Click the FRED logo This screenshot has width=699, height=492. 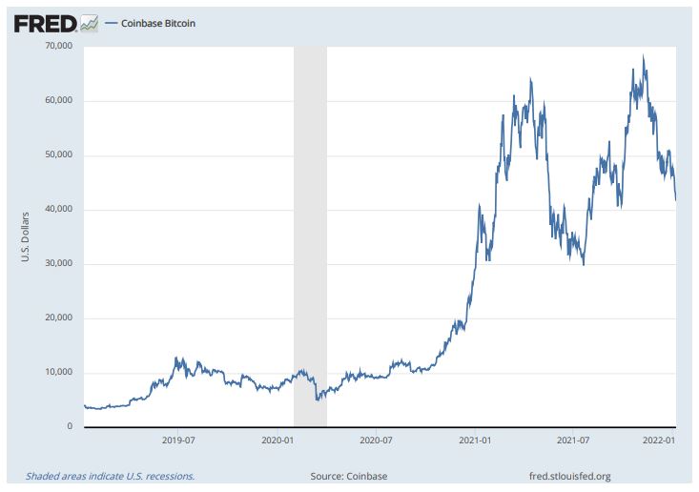(x=55, y=22)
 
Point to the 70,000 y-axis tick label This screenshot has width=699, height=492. (x=58, y=46)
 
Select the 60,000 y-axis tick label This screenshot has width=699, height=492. (x=58, y=100)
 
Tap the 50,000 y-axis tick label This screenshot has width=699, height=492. (x=58, y=154)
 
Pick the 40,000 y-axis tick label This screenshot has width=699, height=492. (x=58, y=209)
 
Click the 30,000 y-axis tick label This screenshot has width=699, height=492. (x=58, y=263)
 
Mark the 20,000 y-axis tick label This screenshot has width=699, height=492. (x=58, y=318)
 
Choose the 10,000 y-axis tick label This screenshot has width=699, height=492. (x=58, y=372)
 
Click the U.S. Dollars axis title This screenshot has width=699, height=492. (x=28, y=236)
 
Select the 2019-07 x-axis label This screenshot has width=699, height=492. (x=179, y=440)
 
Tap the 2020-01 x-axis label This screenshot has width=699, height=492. (x=278, y=440)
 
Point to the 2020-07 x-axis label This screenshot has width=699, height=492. (x=376, y=440)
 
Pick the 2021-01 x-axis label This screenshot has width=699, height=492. (x=475, y=440)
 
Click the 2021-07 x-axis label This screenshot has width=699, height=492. (x=573, y=440)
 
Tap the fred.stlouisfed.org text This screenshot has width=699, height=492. (x=569, y=476)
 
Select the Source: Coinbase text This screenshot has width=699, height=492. (x=349, y=476)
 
